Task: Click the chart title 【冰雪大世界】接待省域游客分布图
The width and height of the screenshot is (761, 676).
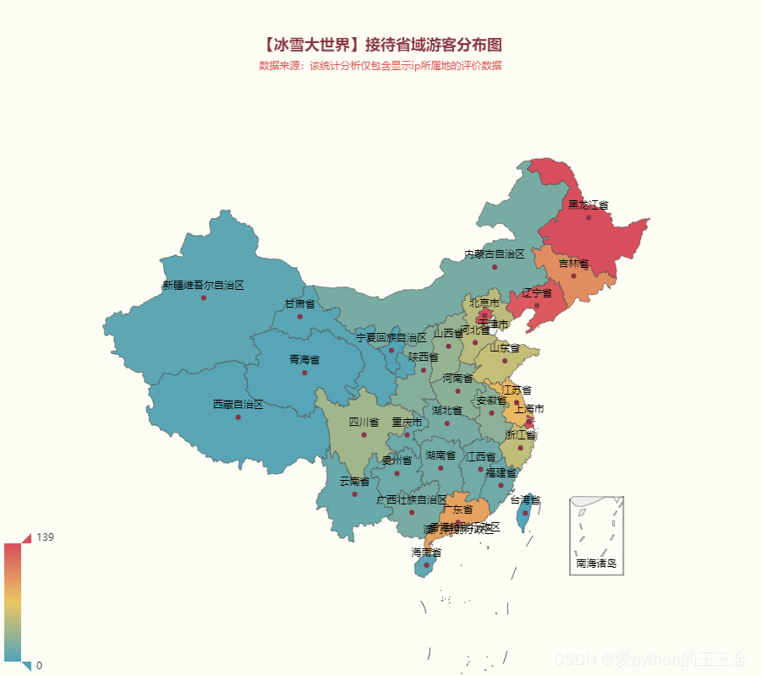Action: tap(380, 45)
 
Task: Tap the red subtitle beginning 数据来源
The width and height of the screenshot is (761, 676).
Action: tap(380, 66)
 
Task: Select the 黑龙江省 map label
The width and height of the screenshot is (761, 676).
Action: tap(588, 204)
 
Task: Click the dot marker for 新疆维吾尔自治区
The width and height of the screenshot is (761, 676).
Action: tap(204, 297)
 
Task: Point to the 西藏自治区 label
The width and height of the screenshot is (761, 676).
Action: tap(238, 404)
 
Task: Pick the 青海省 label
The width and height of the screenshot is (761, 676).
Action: tap(304, 359)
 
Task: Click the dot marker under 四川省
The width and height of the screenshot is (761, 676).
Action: tap(364, 435)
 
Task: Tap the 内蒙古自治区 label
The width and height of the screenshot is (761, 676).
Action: tap(495, 253)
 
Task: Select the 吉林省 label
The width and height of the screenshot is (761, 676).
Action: tap(573, 264)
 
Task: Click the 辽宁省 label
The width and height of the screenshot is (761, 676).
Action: tap(536, 292)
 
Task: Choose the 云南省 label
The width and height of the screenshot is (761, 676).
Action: tap(354, 481)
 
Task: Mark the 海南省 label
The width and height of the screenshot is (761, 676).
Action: tap(426, 552)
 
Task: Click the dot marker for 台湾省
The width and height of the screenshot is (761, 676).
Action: tap(525, 513)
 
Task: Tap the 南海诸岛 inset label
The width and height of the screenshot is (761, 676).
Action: tap(596, 563)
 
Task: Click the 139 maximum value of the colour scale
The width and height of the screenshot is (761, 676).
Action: tap(45, 537)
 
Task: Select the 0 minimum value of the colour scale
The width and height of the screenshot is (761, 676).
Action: tap(39, 666)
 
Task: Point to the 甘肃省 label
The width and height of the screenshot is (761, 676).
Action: tap(299, 303)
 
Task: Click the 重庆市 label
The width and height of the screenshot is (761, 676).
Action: tap(407, 422)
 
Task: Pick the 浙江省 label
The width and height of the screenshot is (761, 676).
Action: tap(521, 434)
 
